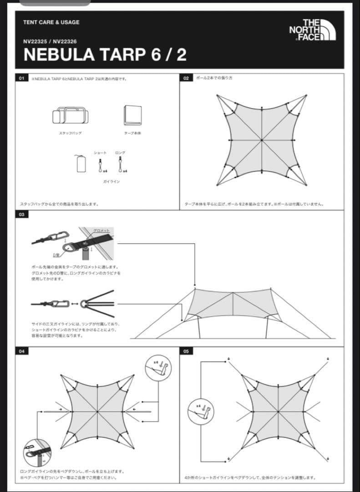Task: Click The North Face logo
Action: (313, 30)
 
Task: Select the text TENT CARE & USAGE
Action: (51, 22)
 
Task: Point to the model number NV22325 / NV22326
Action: (50, 41)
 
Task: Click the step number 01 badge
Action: (21, 78)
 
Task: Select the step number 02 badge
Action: (186, 78)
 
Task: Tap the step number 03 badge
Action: (21, 215)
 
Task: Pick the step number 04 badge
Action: (21, 351)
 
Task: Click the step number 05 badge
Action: (186, 351)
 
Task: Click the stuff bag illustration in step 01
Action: (70, 116)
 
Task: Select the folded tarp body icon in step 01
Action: (132, 115)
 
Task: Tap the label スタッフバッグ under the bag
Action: (70, 133)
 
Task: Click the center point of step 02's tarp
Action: (262, 140)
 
